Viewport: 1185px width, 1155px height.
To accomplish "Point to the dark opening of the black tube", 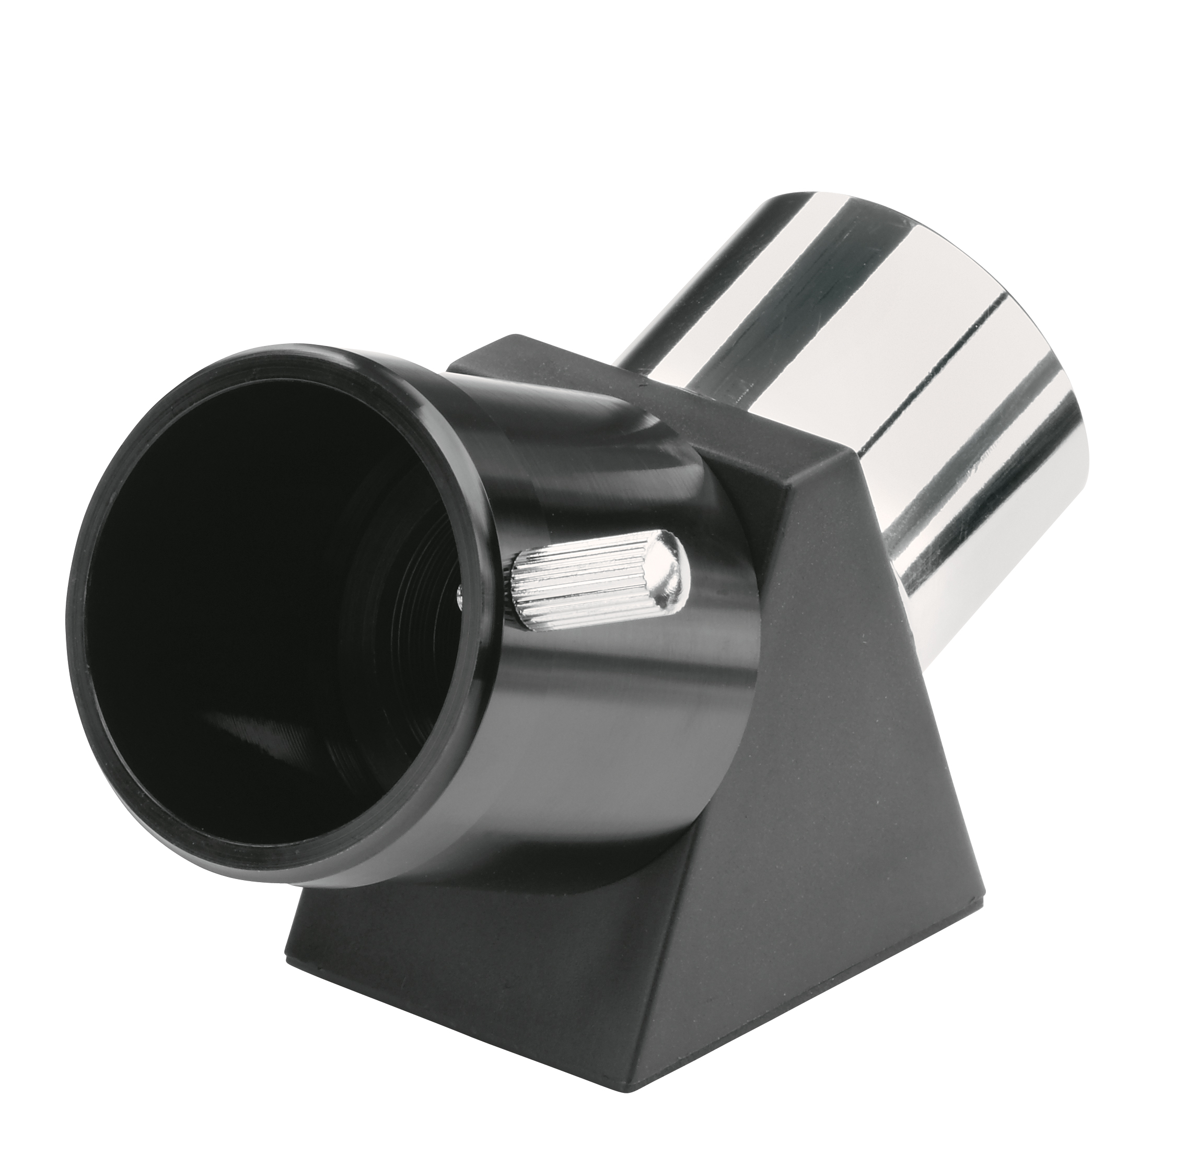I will tap(242, 607).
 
